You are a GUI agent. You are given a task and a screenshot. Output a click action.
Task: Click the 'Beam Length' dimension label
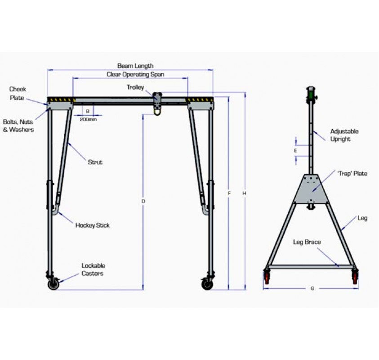[x=135, y=66]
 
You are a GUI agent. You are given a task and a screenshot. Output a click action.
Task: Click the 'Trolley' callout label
[x=135, y=87]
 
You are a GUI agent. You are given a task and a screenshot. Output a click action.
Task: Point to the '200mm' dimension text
[x=88, y=119]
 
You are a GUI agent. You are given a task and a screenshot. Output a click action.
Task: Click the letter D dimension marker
[x=143, y=201]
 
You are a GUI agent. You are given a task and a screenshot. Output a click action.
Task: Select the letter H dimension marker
[x=245, y=193]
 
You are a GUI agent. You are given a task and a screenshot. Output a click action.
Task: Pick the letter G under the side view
[x=312, y=288]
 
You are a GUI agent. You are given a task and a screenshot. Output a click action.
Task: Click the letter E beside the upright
[x=295, y=150]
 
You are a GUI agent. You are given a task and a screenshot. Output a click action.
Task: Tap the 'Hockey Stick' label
[x=92, y=225]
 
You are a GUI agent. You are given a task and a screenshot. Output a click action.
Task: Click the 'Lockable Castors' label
[x=93, y=270]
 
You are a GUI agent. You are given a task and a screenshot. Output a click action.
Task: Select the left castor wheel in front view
[x=54, y=283]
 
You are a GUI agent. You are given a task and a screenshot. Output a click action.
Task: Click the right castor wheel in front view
[x=207, y=283]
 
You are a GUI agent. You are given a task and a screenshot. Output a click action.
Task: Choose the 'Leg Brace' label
[x=307, y=242]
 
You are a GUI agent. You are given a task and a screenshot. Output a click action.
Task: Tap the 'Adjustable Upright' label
[x=344, y=135]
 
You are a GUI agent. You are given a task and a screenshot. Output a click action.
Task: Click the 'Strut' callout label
[x=95, y=162]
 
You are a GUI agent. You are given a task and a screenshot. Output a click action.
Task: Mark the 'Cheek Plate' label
[x=18, y=94]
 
